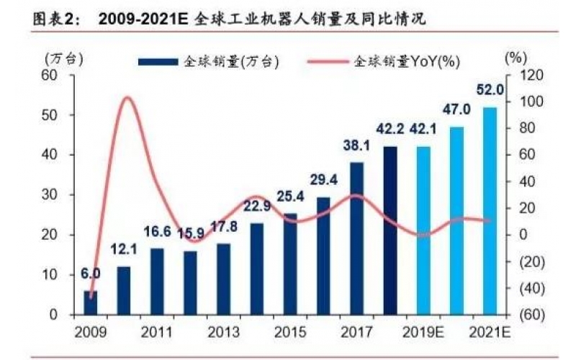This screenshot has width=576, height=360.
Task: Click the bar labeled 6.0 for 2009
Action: point(90,303)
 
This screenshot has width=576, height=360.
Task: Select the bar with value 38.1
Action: point(356,238)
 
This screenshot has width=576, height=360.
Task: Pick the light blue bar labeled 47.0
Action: point(456,220)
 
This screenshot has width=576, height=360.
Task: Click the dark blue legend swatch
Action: point(157,62)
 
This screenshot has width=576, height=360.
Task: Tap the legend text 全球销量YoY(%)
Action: point(406,62)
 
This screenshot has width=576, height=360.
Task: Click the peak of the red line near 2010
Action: point(127,97)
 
